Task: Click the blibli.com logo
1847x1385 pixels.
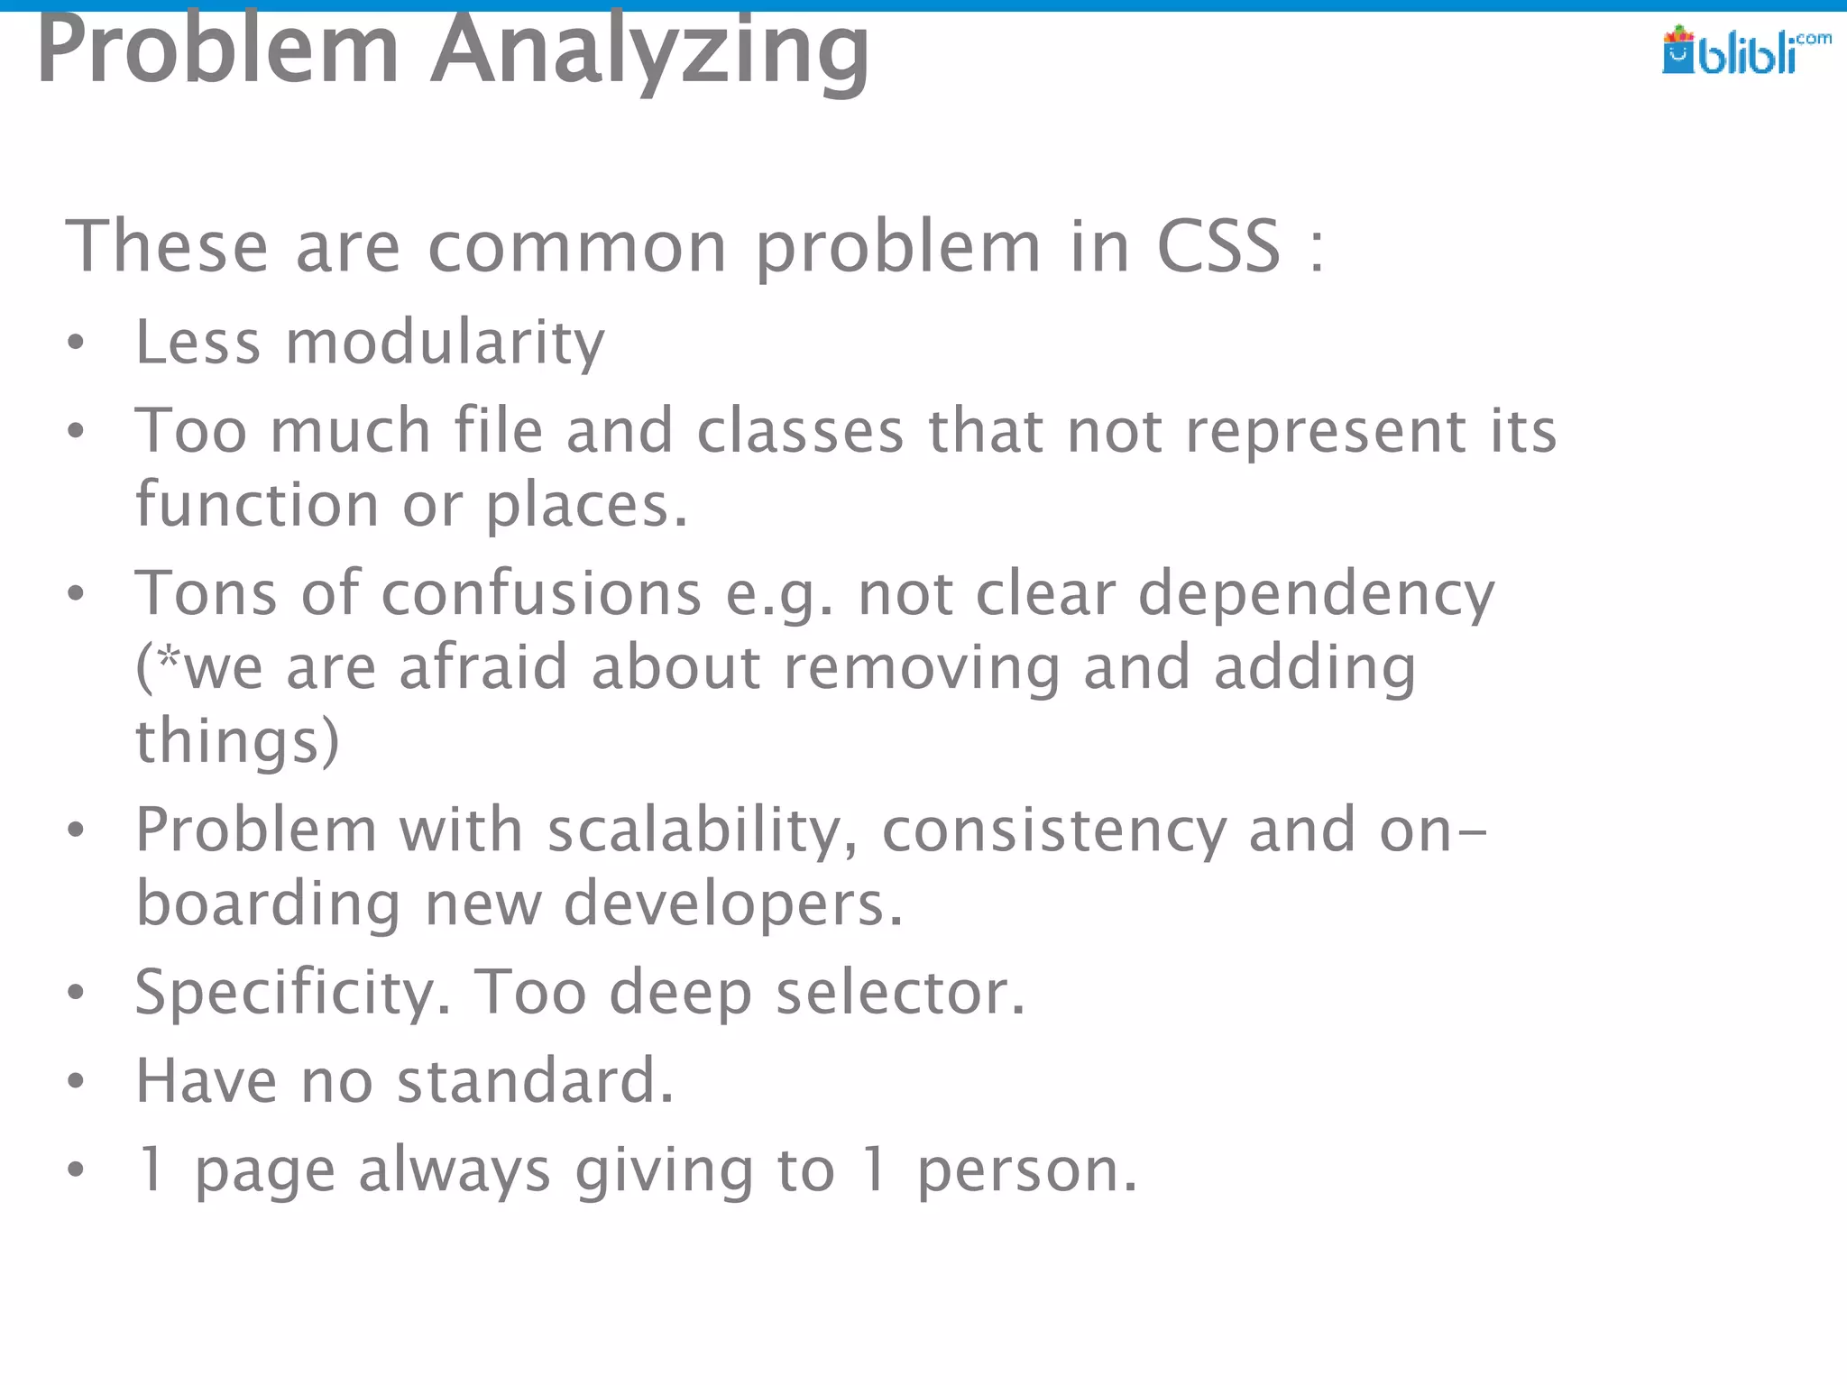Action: tap(1745, 50)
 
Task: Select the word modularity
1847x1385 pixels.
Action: tap(445, 343)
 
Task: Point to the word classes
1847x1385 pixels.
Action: tap(800, 430)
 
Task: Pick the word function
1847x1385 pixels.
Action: tap(257, 504)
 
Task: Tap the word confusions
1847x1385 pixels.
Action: tap(541, 593)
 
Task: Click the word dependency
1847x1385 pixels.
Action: tap(1316, 595)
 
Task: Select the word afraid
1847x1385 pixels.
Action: tap(483, 667)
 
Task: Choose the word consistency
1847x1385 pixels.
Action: tap(1054, 830)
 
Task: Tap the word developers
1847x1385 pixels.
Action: tap(732, 903)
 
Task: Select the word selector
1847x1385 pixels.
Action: tap(900, 992)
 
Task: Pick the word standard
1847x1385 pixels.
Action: tap(535, 1080)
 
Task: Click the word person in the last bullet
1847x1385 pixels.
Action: tap(1026, 1170)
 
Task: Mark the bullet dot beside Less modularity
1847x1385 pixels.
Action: tap(76, 344)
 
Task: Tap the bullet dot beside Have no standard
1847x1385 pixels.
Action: tap(76, 1081)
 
